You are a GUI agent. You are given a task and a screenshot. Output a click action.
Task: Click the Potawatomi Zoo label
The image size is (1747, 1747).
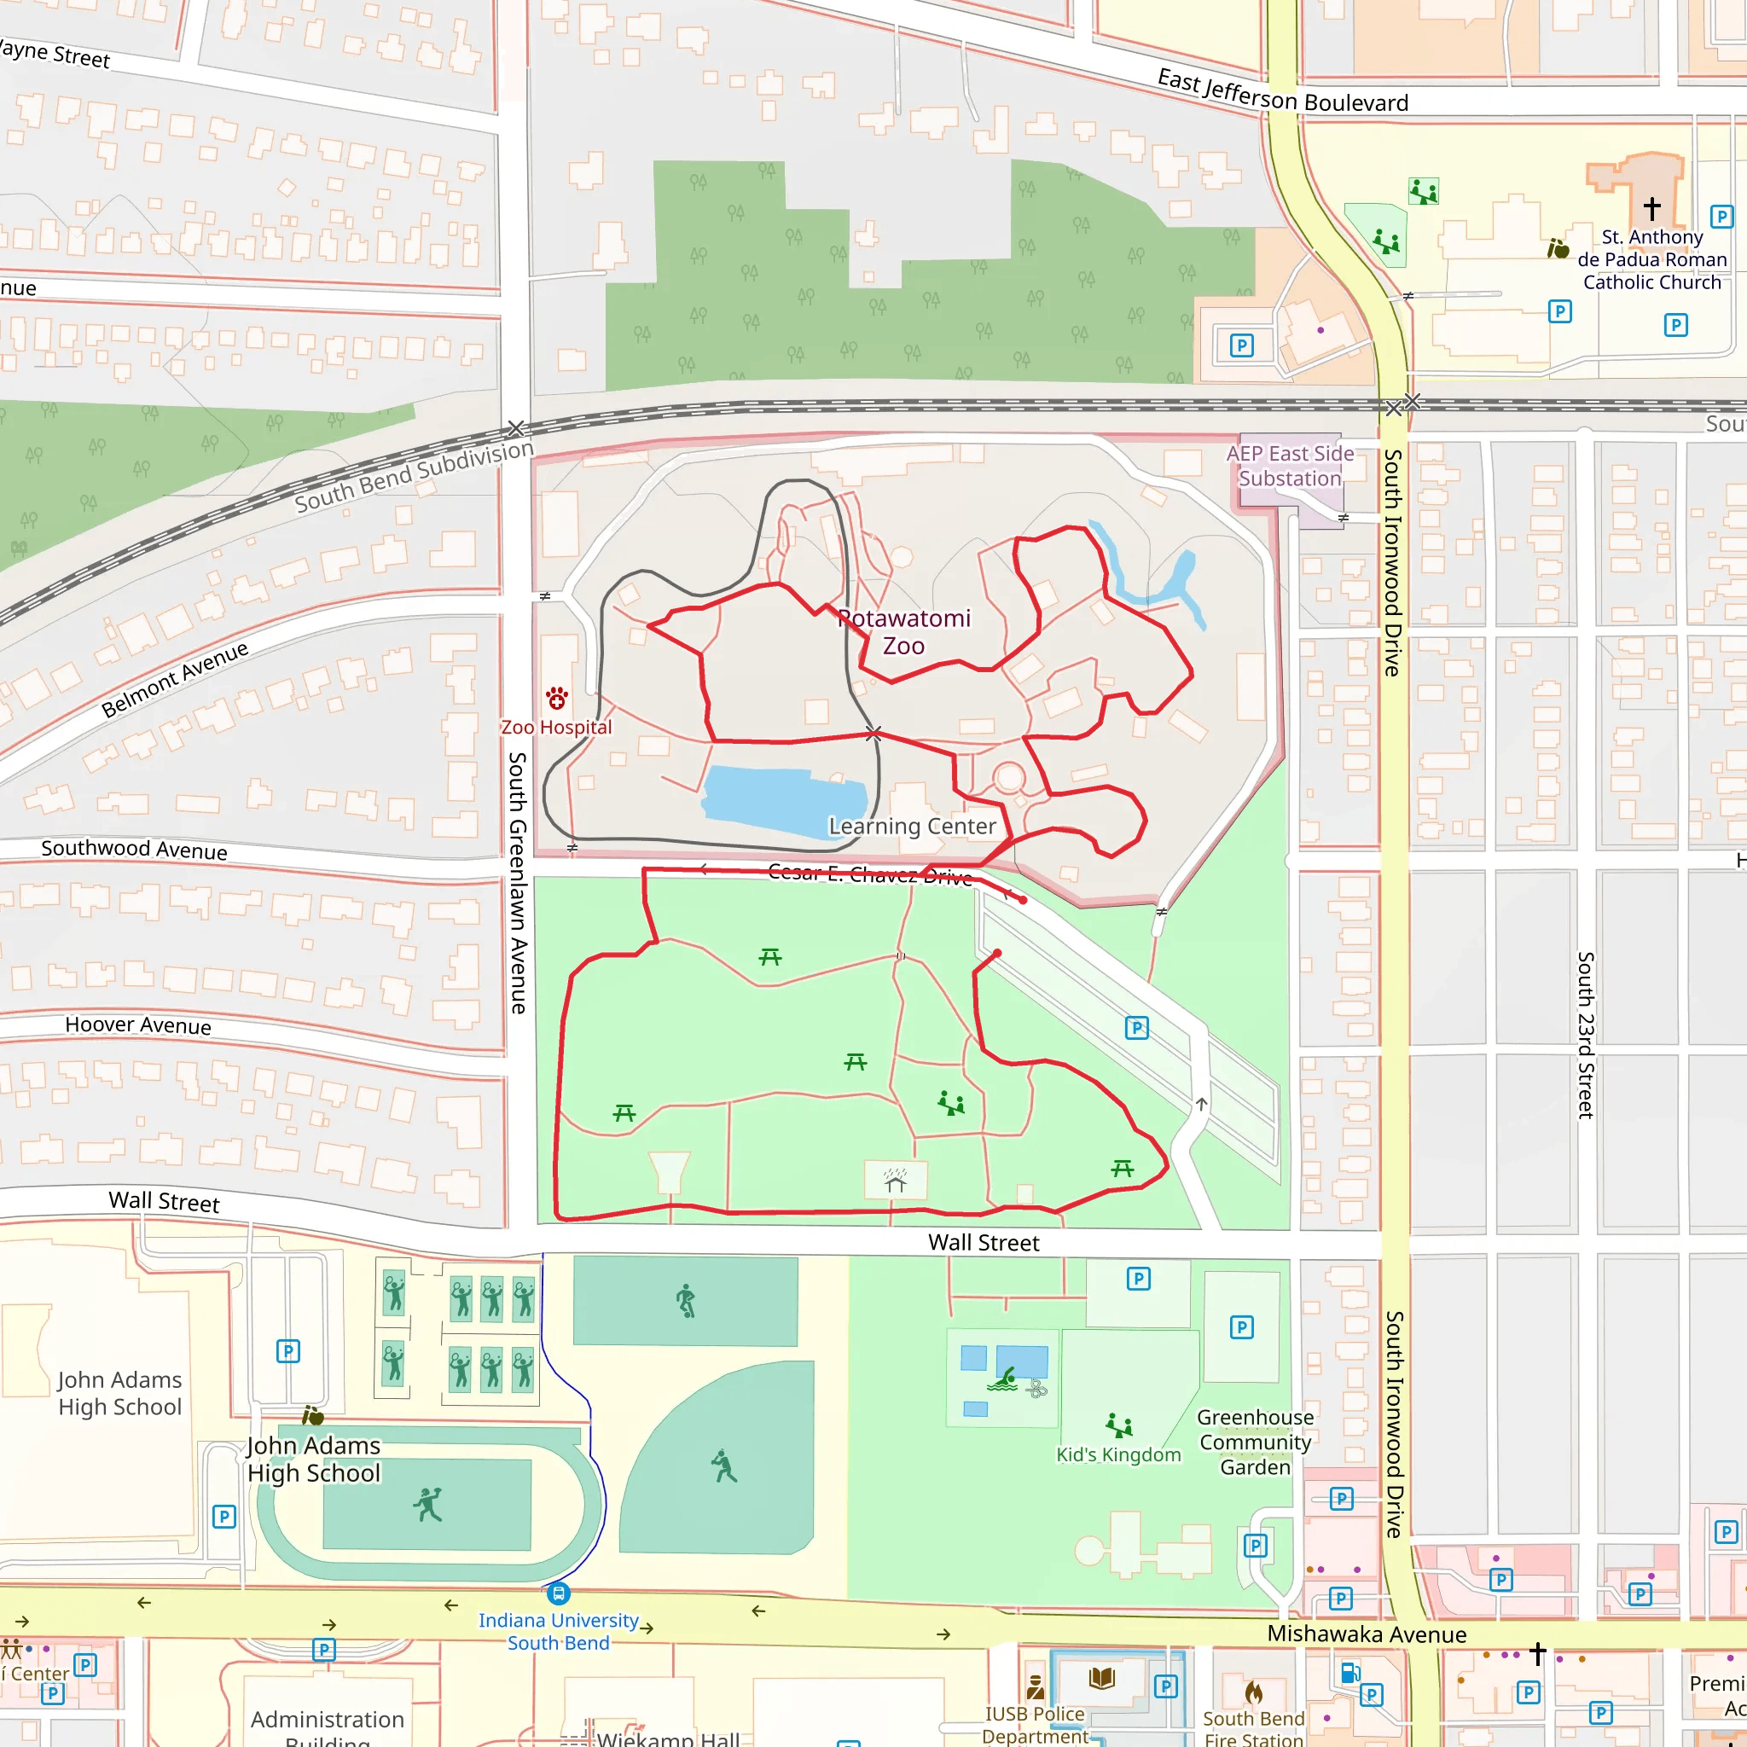903,632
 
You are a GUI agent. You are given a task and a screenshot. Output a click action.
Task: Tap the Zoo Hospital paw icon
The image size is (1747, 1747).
557,698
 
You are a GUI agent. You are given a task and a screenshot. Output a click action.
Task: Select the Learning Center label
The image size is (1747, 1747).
912,827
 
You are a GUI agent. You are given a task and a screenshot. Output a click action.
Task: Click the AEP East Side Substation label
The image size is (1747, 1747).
1290,467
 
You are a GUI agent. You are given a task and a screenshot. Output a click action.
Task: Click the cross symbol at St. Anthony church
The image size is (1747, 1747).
1652,208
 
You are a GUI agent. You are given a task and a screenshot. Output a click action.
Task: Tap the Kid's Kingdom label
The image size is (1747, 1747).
1118,1455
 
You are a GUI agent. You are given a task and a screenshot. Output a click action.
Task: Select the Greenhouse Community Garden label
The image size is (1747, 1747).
1255,1442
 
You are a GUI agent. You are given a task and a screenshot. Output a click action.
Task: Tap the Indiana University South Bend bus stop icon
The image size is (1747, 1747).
559,1593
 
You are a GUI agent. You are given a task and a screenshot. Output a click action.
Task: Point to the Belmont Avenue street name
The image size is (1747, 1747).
175,679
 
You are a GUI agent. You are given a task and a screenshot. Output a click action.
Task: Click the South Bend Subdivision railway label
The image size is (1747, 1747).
414,477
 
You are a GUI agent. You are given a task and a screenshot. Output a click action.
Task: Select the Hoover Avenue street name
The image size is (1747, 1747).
137,1025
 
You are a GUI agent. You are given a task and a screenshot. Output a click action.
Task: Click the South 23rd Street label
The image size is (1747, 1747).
1585,1035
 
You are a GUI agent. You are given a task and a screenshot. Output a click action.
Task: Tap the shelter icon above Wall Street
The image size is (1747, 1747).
895,1181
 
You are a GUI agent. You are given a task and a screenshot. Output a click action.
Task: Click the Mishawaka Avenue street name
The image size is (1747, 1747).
1367,1634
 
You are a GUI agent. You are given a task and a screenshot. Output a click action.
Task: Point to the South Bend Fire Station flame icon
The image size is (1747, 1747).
1253,1691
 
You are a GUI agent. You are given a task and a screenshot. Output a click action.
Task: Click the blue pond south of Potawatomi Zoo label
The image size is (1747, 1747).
782,800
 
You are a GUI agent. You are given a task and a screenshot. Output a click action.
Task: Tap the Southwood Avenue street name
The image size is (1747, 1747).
134,849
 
